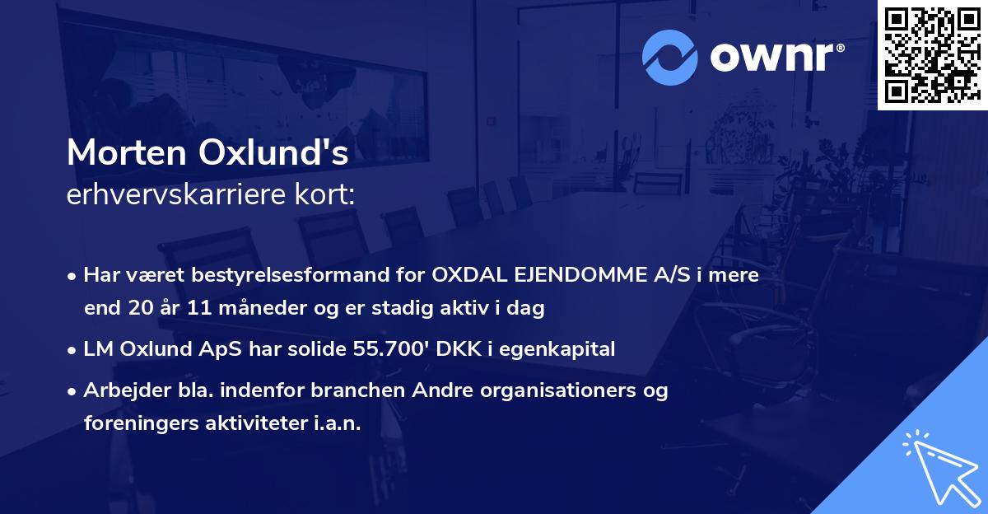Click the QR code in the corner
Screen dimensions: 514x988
point(932,55)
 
